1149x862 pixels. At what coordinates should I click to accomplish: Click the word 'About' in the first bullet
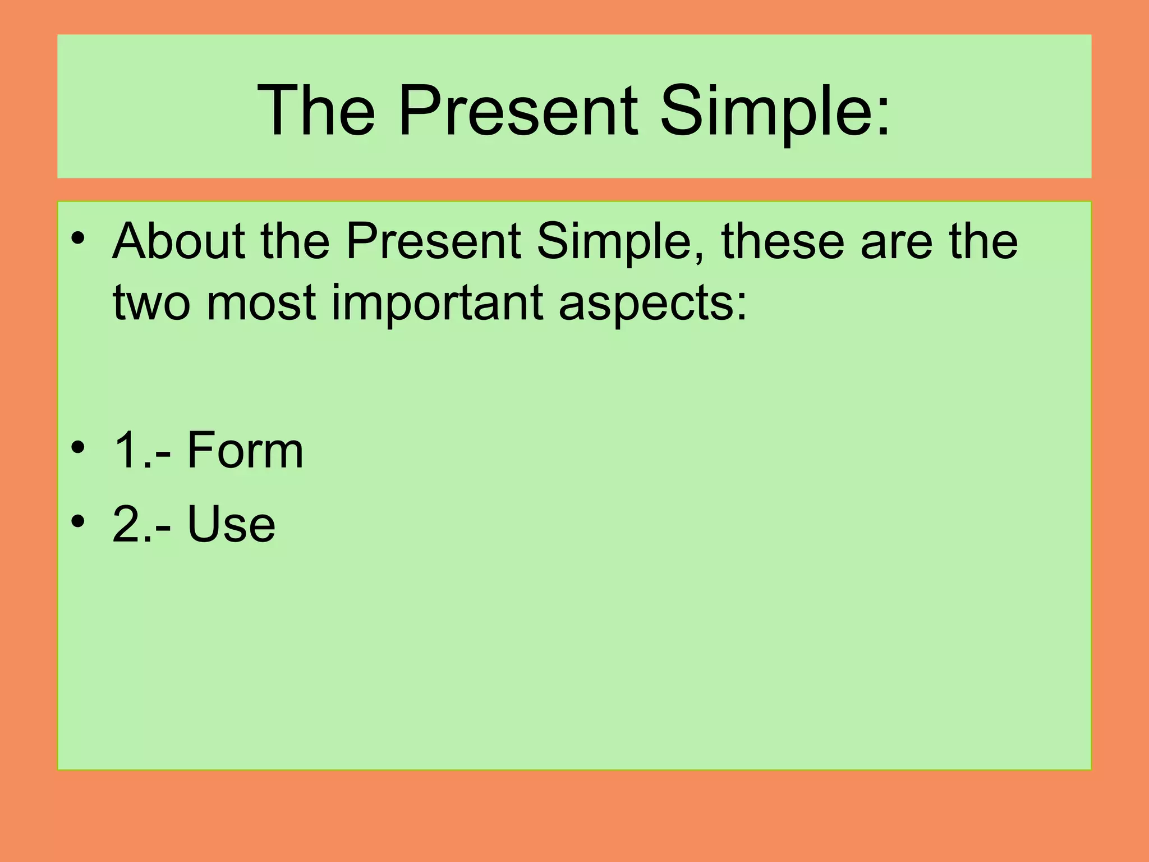point(179,241)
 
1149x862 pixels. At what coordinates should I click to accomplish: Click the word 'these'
point(783,241)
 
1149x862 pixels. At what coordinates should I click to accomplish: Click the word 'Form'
point(245,450)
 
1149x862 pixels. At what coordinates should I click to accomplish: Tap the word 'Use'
point(231,524)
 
